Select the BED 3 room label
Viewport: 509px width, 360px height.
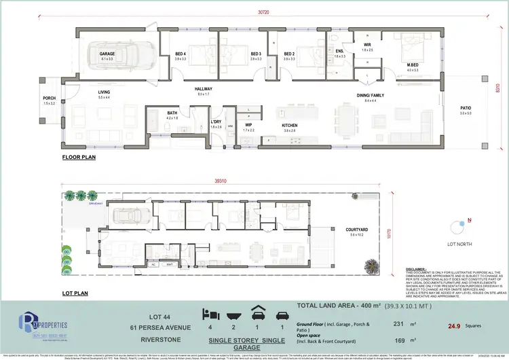tap(256, 54)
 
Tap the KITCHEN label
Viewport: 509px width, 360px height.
tap(290, 126)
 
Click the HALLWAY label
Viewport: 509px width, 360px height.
tap(204, 89)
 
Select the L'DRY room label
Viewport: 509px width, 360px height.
tap(216, 122)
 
